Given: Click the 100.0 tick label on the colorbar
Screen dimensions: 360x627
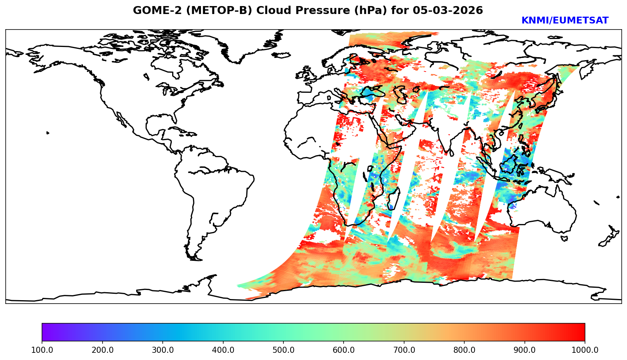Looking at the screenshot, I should [x=42, y=350].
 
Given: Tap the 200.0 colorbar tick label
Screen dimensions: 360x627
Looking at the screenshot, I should [x=102, y=350].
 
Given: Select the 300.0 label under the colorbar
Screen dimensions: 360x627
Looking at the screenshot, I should [x=163, y=350].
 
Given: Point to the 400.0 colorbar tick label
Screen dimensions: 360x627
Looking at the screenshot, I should [x=223, y=350].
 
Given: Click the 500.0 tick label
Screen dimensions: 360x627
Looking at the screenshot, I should [x=283, y=350].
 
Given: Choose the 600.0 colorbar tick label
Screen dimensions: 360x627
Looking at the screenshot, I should [x=344, y=350].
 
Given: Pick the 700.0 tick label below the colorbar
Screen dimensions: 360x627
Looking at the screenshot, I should [x=404, y=350].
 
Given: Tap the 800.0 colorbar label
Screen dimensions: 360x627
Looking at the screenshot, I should [x=464, y=350].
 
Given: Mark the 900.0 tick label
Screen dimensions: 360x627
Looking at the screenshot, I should [x=525, y=350].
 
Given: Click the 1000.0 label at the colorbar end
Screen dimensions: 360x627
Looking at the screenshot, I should [x=585, y=350].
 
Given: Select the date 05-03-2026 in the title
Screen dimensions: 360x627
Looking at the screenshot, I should [x=448, y=11].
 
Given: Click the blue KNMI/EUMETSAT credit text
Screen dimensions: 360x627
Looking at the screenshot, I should [x=565, y=21].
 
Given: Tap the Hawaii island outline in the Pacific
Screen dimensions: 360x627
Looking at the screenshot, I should [x=48, y=133].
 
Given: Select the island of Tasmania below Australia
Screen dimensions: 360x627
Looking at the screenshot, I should [x=564, y=238].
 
